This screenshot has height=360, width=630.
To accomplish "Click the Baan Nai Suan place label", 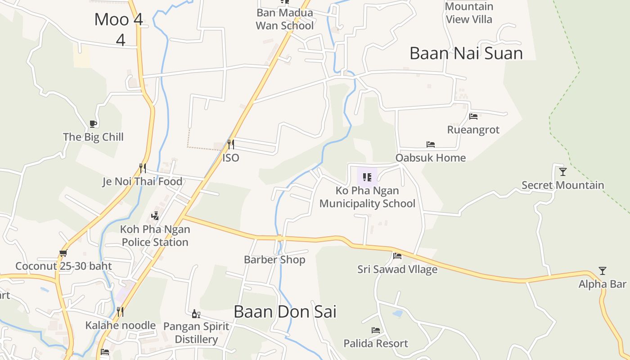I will pyautogui.click(x=466, y=54).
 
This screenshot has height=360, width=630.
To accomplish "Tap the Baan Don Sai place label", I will pyautogui.click(x=285, y=311).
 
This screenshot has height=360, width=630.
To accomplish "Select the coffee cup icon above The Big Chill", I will pyautogui.click(x=93, y=124).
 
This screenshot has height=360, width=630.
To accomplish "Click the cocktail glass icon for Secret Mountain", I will pyautogui.click(x=562, y=171).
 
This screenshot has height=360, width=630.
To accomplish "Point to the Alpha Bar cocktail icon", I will pyautogui.click(x=603, y=270).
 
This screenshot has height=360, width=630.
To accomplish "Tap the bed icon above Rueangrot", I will pyautogui.click(x=473, y=116).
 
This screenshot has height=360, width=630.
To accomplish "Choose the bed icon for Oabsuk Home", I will pyautogui.click(x=431, y=144).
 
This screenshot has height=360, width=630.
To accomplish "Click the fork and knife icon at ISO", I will pyautogui.click(x=230, y=144).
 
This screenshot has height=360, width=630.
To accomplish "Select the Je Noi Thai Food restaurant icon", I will pyautogui.click(x=143, y=168).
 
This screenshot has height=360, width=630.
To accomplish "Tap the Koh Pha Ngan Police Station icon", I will pyautogui.click(x=155, y=216).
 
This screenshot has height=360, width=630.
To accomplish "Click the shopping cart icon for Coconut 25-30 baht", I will pyautogui.click(x=63, y=253).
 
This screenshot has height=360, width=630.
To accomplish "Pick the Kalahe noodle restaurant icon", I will pyautogui.click(x=120, y=311).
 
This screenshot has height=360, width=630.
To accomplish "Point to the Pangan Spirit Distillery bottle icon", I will pyautogui.click(x=196, y=314).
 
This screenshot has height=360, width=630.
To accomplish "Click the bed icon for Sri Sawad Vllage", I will pyautogui.click(x=397, y=256).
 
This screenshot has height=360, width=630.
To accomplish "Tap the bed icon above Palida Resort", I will pyautogui.click(x=376, y=330).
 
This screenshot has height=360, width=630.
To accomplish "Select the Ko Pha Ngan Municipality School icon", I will pyautogui.click(x=367, y=177).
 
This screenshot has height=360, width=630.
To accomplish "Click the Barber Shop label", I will pyautogui.click(x=274, y=260).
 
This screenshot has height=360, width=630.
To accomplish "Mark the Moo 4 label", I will pyautogui.click(x=119, y=20).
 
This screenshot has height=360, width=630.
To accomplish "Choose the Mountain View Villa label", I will pyautogui.click(x=469, y=13).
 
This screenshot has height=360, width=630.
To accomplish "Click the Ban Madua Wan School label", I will pyautogui.click(x=284, y=19).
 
